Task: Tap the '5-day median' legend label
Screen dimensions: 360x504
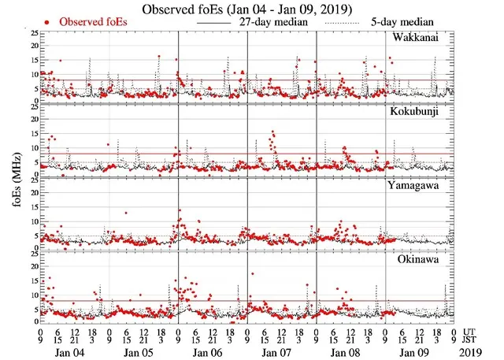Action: (x=410, y=23)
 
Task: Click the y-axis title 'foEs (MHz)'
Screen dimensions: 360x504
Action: (x=9, y=182)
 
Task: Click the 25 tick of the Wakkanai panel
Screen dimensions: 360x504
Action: (x=32, y=34)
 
